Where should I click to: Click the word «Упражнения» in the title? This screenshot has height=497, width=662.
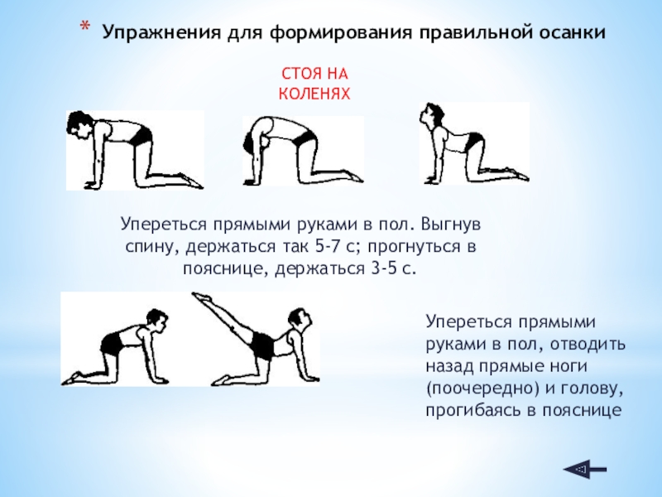(161, 33)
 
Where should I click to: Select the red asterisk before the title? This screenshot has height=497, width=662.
(84, 27)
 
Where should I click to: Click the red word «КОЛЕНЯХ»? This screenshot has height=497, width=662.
(314, 94)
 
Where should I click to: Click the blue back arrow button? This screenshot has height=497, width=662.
(585, 469)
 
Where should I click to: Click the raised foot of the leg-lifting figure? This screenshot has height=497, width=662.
(201, 297)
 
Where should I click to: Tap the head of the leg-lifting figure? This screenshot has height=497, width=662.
(300, 320)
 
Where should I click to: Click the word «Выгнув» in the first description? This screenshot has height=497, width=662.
(451, 224)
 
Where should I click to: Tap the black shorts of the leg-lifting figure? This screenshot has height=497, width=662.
(261, 345)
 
